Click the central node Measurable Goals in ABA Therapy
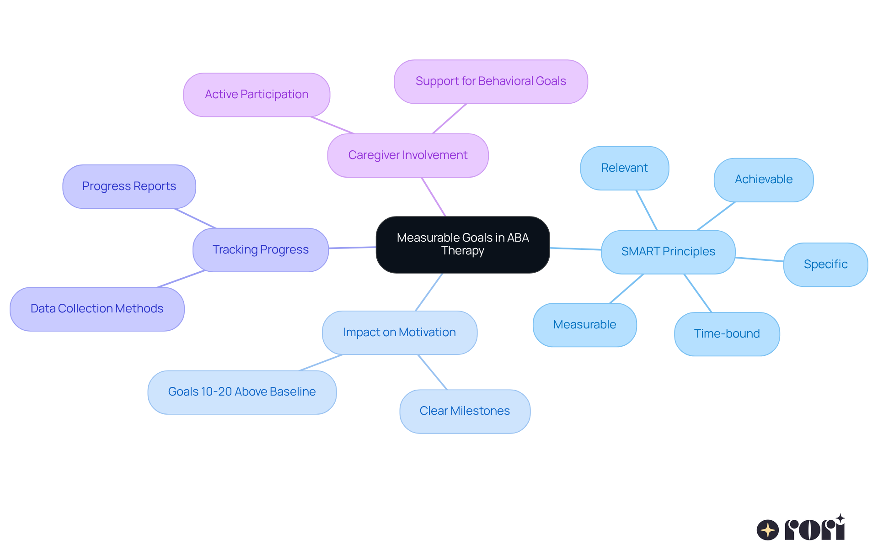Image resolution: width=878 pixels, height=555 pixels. tap(462, 244)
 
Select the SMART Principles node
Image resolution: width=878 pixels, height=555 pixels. tap(668, 252)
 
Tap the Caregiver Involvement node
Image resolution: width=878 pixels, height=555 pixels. tap(407, 155)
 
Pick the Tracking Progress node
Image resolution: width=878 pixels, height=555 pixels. tap(260, 250)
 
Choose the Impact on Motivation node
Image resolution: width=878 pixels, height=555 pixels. tap(399, 333)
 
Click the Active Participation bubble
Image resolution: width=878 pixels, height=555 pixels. tap(256, 95)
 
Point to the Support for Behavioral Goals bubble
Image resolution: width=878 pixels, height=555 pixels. tap(490, 81)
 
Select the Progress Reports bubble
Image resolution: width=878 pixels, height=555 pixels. tap(129, 186)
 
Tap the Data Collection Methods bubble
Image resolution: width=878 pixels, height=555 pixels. tap(96, 309)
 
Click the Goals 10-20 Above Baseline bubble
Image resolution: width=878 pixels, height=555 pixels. tap(241, 392)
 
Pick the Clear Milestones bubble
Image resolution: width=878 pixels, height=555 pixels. tap(465, 411)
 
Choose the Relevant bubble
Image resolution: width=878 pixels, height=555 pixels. tap(624, 168)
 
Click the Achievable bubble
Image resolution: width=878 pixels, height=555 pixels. tap(763, 180)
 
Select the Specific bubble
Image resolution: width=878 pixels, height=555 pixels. tap(825, 264)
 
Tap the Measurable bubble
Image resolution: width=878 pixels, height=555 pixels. tap(584, 325)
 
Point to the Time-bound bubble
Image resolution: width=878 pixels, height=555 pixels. tap(727, 334)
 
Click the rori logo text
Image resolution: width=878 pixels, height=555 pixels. tap(814, 529)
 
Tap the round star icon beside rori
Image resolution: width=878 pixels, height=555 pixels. tap(767, 530)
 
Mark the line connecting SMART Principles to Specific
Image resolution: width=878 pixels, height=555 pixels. tap(759, 259)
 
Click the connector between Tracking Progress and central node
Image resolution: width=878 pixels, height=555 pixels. tap(352, 248)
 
